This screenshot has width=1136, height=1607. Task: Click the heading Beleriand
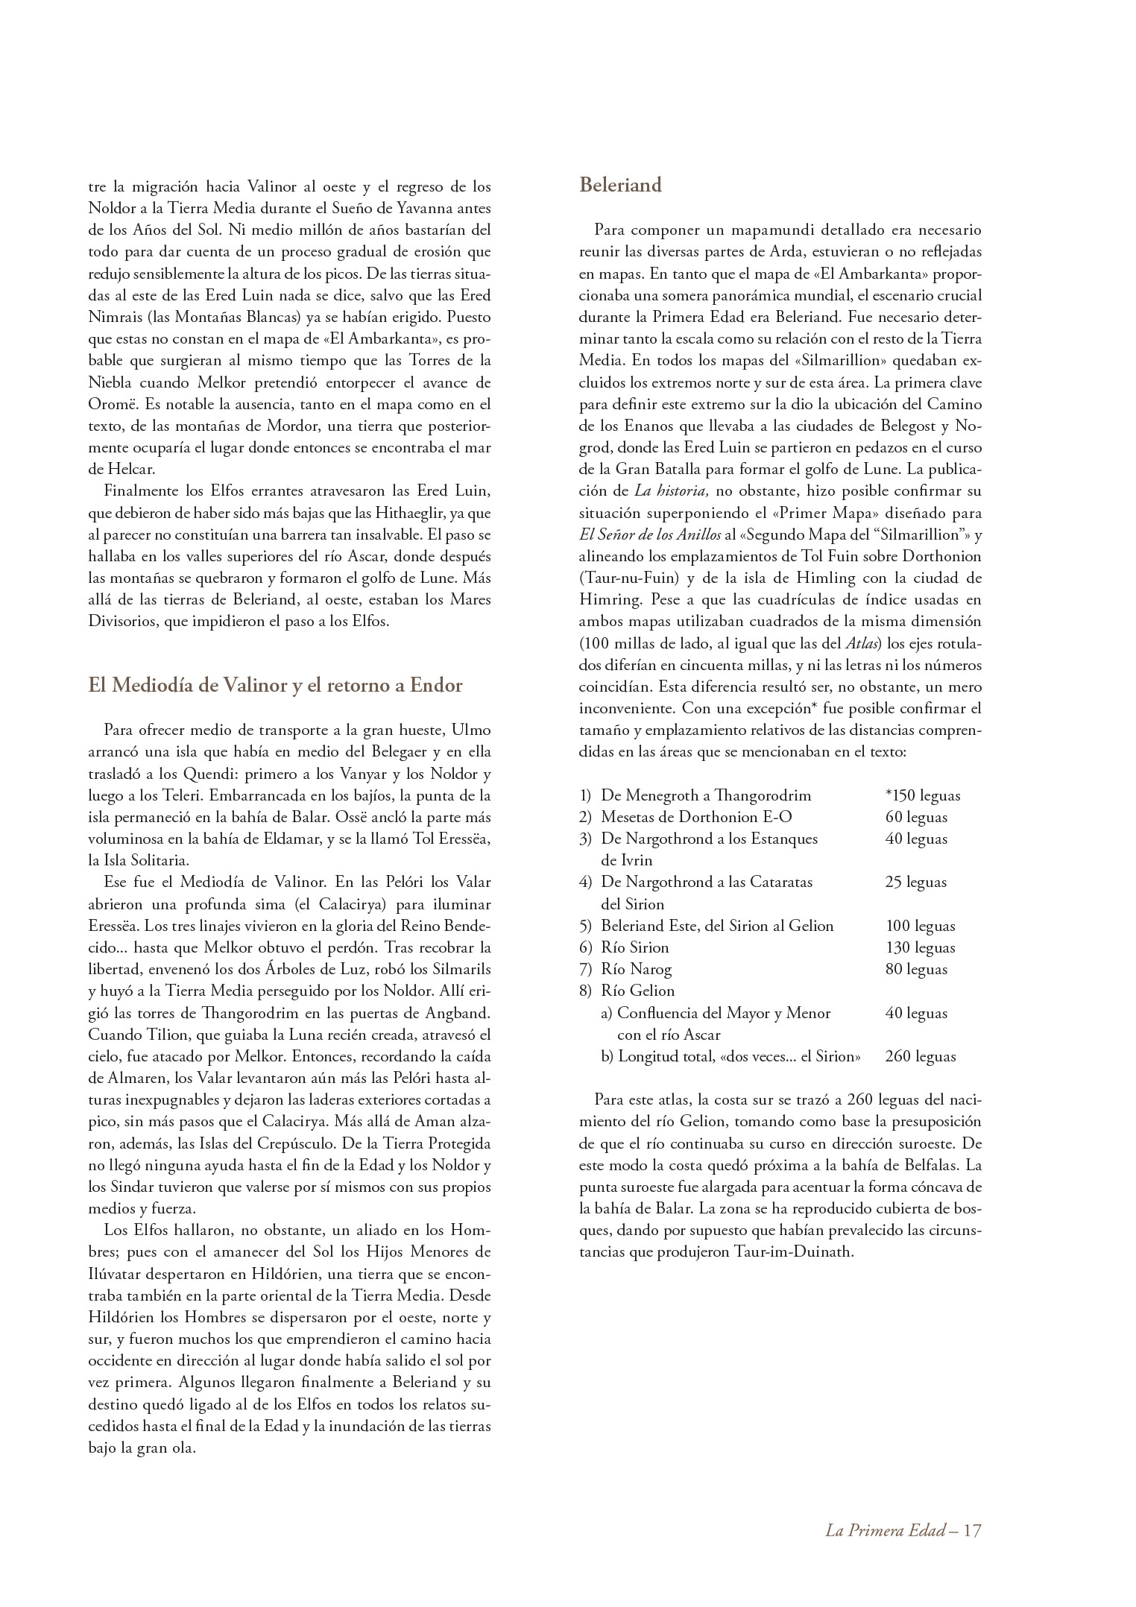(x=620, y=186)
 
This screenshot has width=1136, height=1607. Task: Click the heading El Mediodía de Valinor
(x=275, y=685)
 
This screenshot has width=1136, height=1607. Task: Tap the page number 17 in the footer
(x=972, y=1530)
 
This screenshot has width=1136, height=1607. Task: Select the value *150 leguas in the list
(x=923, y=795)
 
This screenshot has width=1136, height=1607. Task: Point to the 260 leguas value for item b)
(x=920, y=1056)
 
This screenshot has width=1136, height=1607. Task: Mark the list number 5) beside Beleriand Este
(x=586, y=926)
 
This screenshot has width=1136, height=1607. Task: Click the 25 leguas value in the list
(x=916, y=882)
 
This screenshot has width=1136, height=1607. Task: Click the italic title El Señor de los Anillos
(x=650, y=534)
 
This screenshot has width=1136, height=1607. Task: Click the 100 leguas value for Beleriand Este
(x=920, y=926)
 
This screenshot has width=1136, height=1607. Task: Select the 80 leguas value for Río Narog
(x=916, y=969)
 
